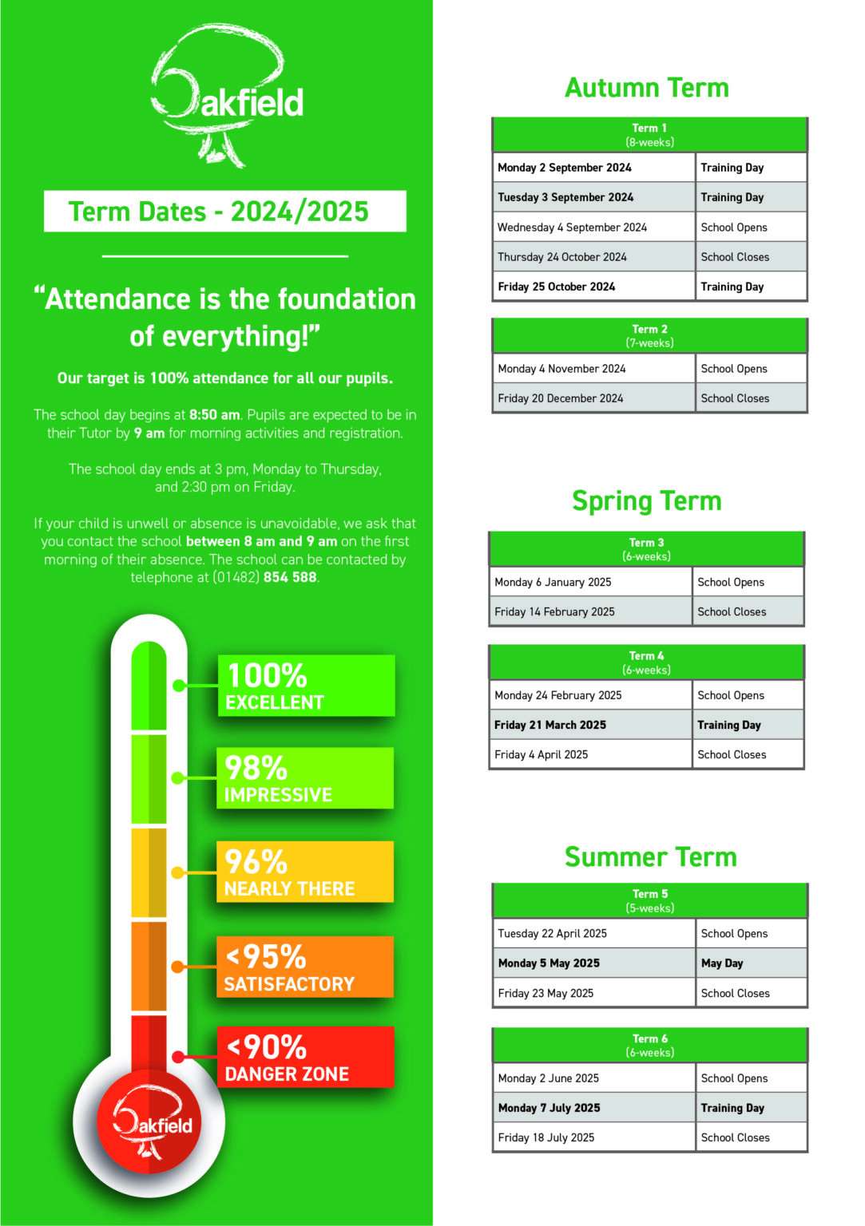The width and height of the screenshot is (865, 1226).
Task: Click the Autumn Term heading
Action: point(646,88)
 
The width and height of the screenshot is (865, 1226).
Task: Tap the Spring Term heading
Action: point(646,501)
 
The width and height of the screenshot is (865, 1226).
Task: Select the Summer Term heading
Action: point(650,857)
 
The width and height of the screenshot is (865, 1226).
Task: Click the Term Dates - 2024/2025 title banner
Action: point(224,212)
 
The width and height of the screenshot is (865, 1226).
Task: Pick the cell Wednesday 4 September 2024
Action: point(593,227)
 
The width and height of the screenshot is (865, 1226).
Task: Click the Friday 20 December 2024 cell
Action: point(593,398)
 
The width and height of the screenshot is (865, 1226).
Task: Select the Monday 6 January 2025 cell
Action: point(589,583)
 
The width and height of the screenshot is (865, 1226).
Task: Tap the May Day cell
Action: point(750,963)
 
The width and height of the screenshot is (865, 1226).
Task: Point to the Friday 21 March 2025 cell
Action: point(589,725)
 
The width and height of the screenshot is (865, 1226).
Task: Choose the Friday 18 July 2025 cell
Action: point(593,1137)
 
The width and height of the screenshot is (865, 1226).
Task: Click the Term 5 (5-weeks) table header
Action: point(649,901)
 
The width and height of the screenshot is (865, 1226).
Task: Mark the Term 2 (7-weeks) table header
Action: point(649,336)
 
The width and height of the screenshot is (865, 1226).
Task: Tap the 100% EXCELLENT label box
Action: point(306,686)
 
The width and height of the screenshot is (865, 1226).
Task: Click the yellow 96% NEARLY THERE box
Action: point(304,872)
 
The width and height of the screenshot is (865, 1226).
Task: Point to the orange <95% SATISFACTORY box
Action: point(304,967)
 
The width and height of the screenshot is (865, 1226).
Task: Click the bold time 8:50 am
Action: point(214,415)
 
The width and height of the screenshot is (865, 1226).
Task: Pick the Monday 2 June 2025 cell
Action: point(593,1078)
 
